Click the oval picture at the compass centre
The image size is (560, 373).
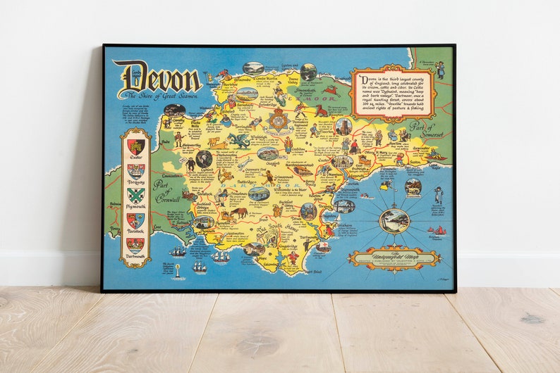[394, 220]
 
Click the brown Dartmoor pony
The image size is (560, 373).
[240, 211]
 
